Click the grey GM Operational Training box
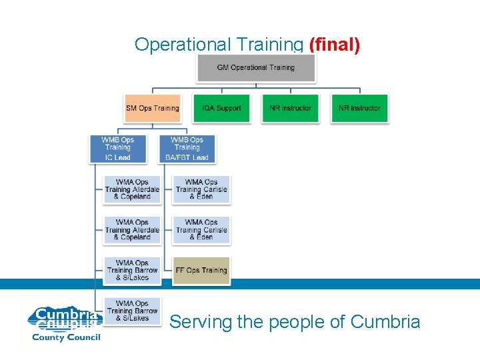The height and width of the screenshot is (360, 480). click(255, 68)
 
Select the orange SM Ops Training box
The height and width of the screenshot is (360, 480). click(152, 108)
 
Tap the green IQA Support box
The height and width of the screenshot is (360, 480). click(221, 108)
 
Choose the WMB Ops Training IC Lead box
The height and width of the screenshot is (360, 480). click(117, 149)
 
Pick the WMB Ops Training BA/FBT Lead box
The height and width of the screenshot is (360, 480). click(187, 149)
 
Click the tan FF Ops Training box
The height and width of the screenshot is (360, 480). click(201, 270)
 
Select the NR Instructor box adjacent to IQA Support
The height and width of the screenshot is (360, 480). click(290, 108)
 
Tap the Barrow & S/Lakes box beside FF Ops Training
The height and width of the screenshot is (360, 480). click(132, 270)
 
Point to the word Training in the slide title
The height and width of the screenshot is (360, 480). click(265, 45)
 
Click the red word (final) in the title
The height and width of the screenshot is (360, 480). click(335, 45)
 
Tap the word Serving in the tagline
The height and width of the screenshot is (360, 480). click(201, 323)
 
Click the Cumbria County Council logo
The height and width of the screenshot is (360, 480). click(64, 323)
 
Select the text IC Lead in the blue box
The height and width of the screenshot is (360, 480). click(117, 157)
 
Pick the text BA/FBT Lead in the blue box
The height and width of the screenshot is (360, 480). click(187, 157)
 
